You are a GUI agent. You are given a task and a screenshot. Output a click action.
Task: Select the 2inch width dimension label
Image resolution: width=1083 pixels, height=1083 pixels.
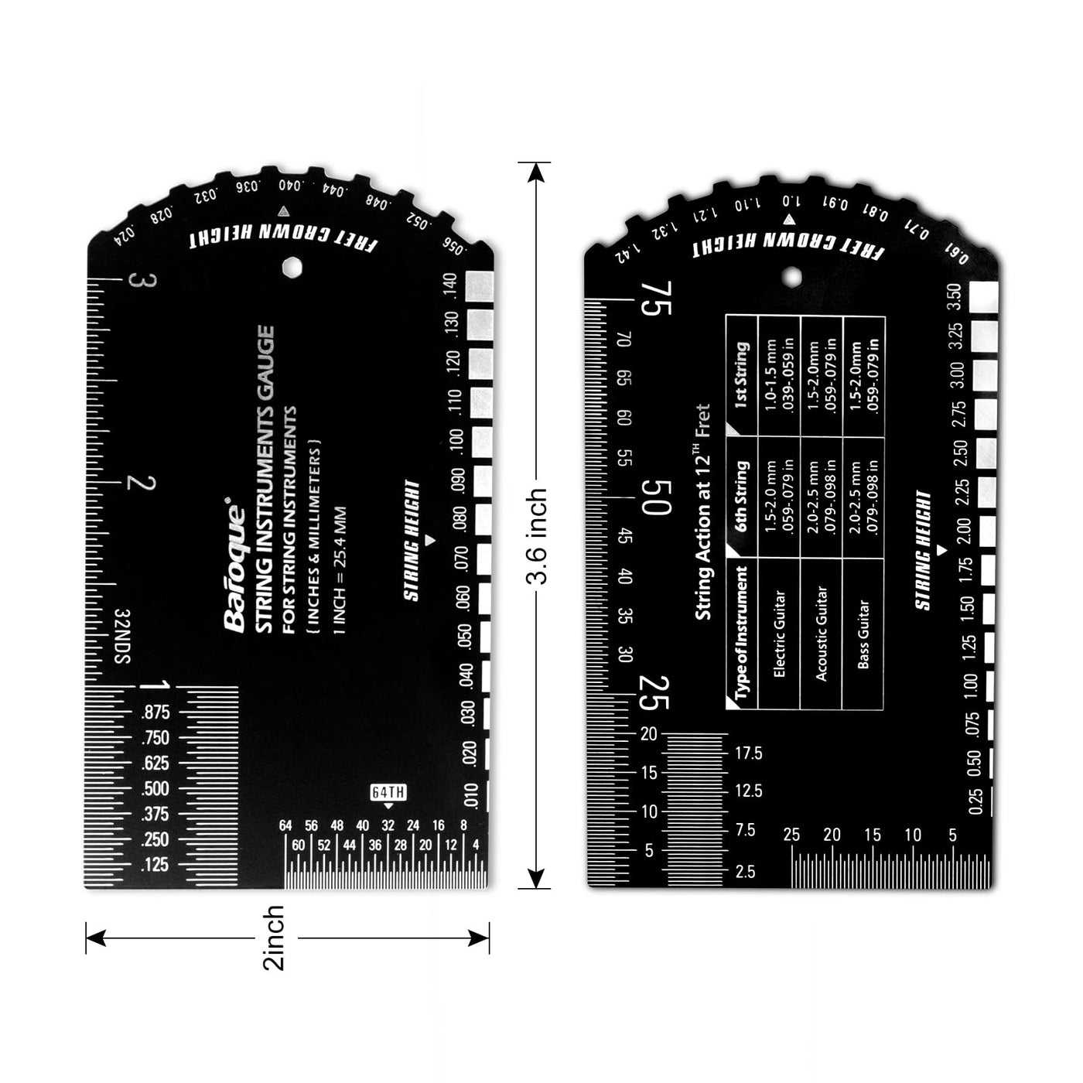tap(275, 938)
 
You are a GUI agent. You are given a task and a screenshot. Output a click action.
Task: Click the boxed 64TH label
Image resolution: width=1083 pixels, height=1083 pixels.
tap(388, 792)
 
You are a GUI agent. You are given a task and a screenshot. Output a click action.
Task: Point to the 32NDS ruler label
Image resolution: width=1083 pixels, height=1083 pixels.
tap(122, 636)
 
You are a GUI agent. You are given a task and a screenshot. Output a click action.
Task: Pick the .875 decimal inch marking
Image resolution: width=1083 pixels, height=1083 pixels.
tap(155, 712)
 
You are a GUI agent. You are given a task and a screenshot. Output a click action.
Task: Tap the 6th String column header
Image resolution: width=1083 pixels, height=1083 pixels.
tap(741, 495)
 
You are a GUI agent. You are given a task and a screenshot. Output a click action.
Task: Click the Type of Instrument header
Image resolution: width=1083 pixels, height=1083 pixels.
tap(741, 633)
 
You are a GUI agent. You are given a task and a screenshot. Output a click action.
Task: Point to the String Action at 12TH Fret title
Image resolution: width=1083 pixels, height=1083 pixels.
tap(703, 511)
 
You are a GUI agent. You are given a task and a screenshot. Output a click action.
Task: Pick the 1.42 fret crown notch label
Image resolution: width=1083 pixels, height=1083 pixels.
tap(627, 252)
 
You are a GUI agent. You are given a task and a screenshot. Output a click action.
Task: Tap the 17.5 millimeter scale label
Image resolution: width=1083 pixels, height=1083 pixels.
tap(748, 753)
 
